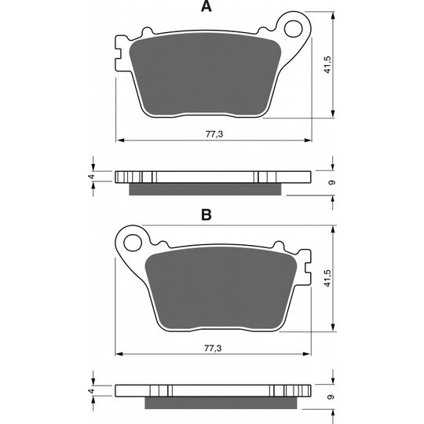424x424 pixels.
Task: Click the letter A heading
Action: point(207,6)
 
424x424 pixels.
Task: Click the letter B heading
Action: point(207,214)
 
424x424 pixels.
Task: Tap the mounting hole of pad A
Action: point(294,28)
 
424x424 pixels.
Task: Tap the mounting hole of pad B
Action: point(133,243)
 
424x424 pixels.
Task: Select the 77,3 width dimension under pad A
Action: point(214,134)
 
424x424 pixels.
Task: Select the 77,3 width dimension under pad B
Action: point(213,348)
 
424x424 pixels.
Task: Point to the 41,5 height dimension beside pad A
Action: point(327,65)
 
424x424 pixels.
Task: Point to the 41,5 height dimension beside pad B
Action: point(327,278)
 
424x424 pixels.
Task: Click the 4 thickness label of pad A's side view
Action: point(92,177)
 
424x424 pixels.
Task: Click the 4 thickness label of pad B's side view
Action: point(92,391)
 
